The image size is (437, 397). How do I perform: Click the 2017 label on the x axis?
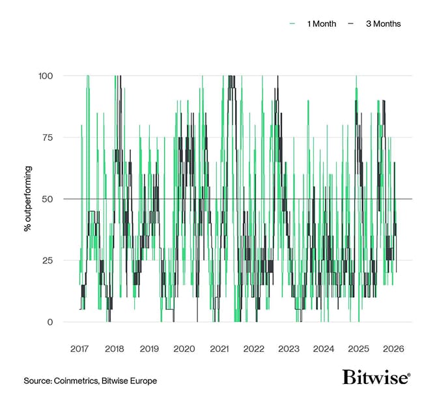pos(79,349)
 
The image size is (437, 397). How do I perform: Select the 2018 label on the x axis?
pos(114,349)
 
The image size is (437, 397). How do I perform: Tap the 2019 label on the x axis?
pos(149,349)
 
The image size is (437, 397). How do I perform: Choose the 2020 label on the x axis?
pos(184,349)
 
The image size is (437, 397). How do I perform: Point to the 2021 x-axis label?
pos(219,349)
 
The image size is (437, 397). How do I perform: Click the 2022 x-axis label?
pos(253,349)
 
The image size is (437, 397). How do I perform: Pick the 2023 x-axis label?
pos(289,349)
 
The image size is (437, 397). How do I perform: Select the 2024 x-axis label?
pos(324,349)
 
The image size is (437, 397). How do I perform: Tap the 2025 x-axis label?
pos(358,349)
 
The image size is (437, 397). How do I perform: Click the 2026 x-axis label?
pos(393,349)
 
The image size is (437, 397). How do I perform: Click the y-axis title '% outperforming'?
pos(27,199)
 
